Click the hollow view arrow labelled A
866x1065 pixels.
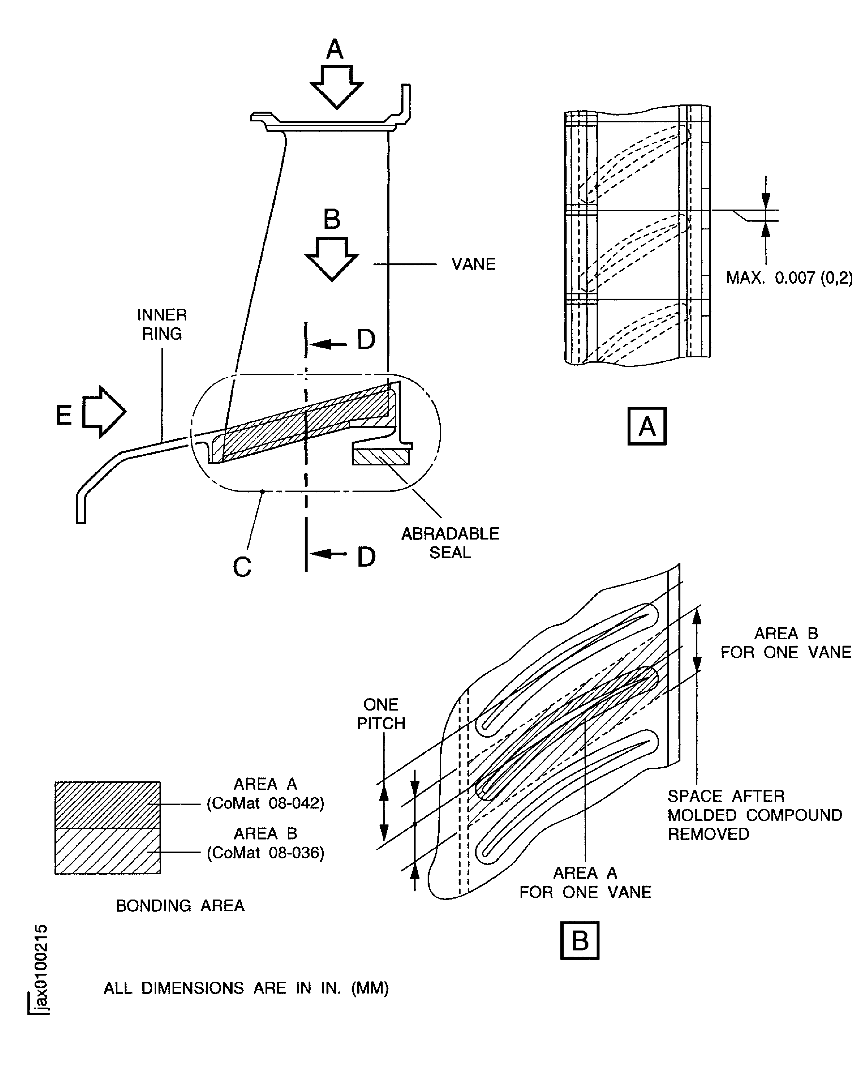point(337,87)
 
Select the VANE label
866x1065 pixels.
point(473,264)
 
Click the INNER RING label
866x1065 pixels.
point(162,324)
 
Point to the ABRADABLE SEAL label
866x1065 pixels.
point(450,543)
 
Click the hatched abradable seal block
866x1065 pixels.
point(381,457)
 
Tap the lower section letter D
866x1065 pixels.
point(366,556)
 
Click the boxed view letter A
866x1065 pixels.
point(647,426)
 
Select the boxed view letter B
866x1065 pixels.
point(580,941)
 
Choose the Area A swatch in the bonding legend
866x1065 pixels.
point(108,805)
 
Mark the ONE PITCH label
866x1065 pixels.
point(381,714)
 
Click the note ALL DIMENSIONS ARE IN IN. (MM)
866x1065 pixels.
point(246,988)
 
